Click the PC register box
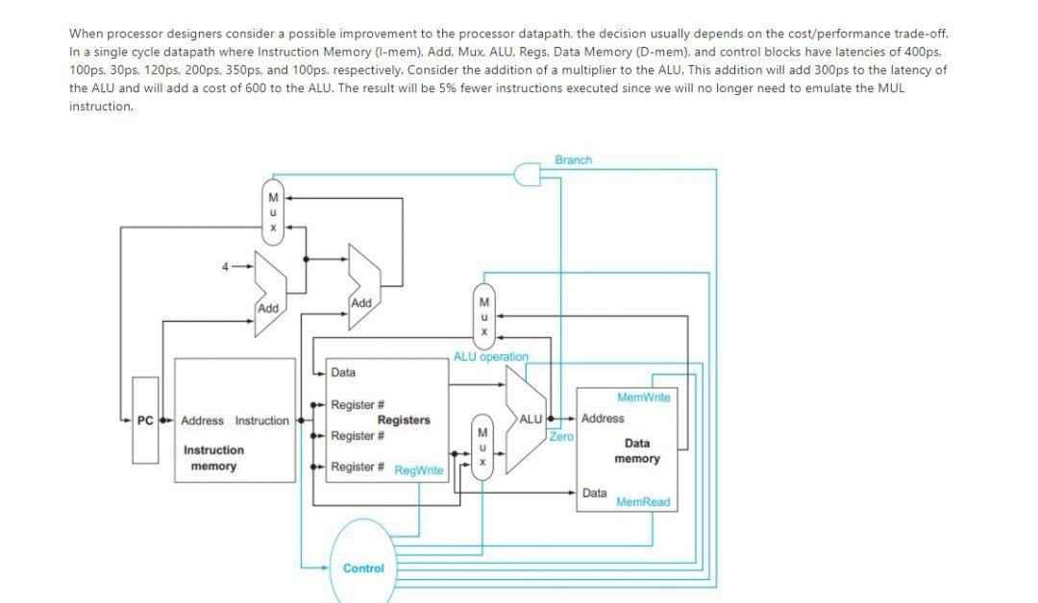tap(145, 421)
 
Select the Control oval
tap(363, 567)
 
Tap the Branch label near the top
tap(573, 159)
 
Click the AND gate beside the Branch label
tap(525, 173)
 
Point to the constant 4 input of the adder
tap(225, 267)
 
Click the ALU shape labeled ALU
tap(527, 420)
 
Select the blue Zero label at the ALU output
tap(561, 436)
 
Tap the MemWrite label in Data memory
tap(644, 397)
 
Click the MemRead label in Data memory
tap(643, 502)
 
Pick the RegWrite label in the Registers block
tap(419, 470)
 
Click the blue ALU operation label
tap(490, 356)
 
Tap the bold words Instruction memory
tap(213, 458)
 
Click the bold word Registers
tap(404, 420)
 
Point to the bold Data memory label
tap(636, 450)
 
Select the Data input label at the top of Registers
tap(342, 373)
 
